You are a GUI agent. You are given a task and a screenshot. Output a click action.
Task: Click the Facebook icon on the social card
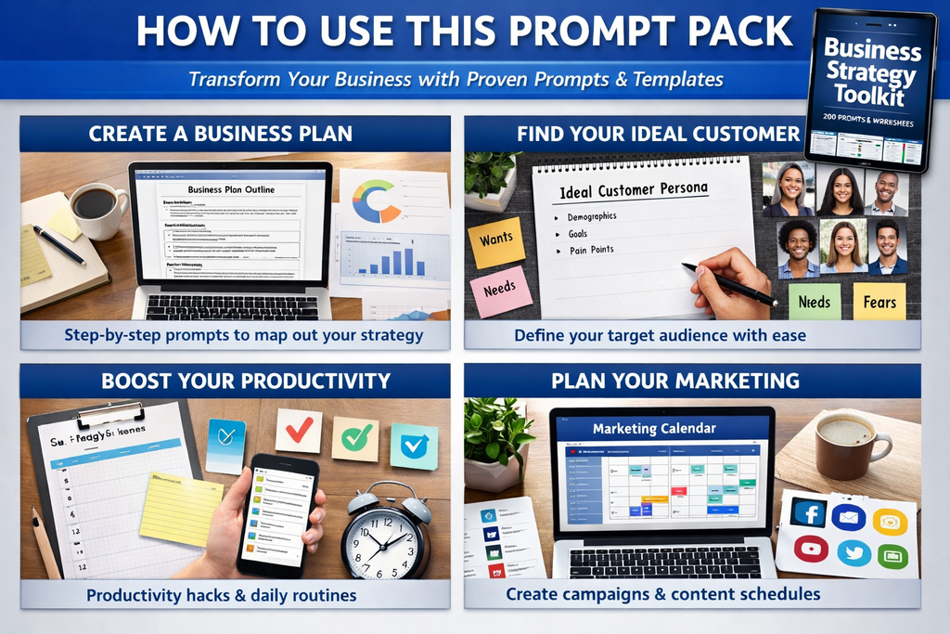pos(809,514)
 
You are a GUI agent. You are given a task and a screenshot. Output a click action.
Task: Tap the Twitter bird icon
pos(853,551)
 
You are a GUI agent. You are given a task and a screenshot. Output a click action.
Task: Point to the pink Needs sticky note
pos(500,290)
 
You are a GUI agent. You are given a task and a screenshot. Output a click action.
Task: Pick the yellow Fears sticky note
pos(879,302)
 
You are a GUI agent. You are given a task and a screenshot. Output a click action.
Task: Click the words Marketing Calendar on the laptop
pos(654,428)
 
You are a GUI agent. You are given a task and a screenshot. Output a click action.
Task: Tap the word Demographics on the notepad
pos(591,217)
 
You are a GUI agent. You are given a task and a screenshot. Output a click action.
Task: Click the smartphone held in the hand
pos(276,514)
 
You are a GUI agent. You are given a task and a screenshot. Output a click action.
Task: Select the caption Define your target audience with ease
pos(660,335)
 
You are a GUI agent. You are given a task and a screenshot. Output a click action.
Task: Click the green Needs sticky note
pos(815,303)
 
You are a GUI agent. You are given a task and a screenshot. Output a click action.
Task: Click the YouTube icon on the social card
pos(810,550)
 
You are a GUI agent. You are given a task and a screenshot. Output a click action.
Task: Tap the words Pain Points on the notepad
pos(591,251)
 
